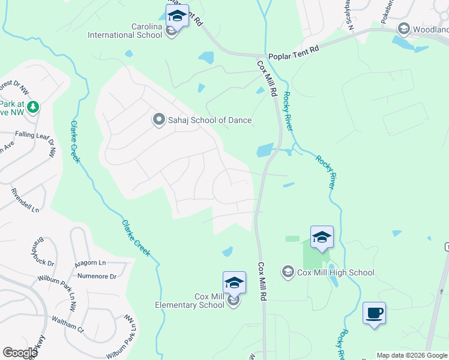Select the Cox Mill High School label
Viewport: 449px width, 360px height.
[336, 272]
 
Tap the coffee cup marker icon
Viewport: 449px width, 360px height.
[374, 313]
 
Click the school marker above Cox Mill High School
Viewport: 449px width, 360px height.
[322, 238]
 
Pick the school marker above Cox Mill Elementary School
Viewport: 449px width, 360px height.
[234, 283]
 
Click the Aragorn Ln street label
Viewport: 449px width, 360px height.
[90, 263]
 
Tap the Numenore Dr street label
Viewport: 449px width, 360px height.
[96, 276]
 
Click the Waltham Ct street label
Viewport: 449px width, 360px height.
[67, 325]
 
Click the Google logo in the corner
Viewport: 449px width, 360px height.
[20, 353]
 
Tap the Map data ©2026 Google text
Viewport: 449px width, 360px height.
[412, 355]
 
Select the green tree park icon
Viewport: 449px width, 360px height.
[34, 107]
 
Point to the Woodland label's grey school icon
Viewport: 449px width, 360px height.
[403, 29]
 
